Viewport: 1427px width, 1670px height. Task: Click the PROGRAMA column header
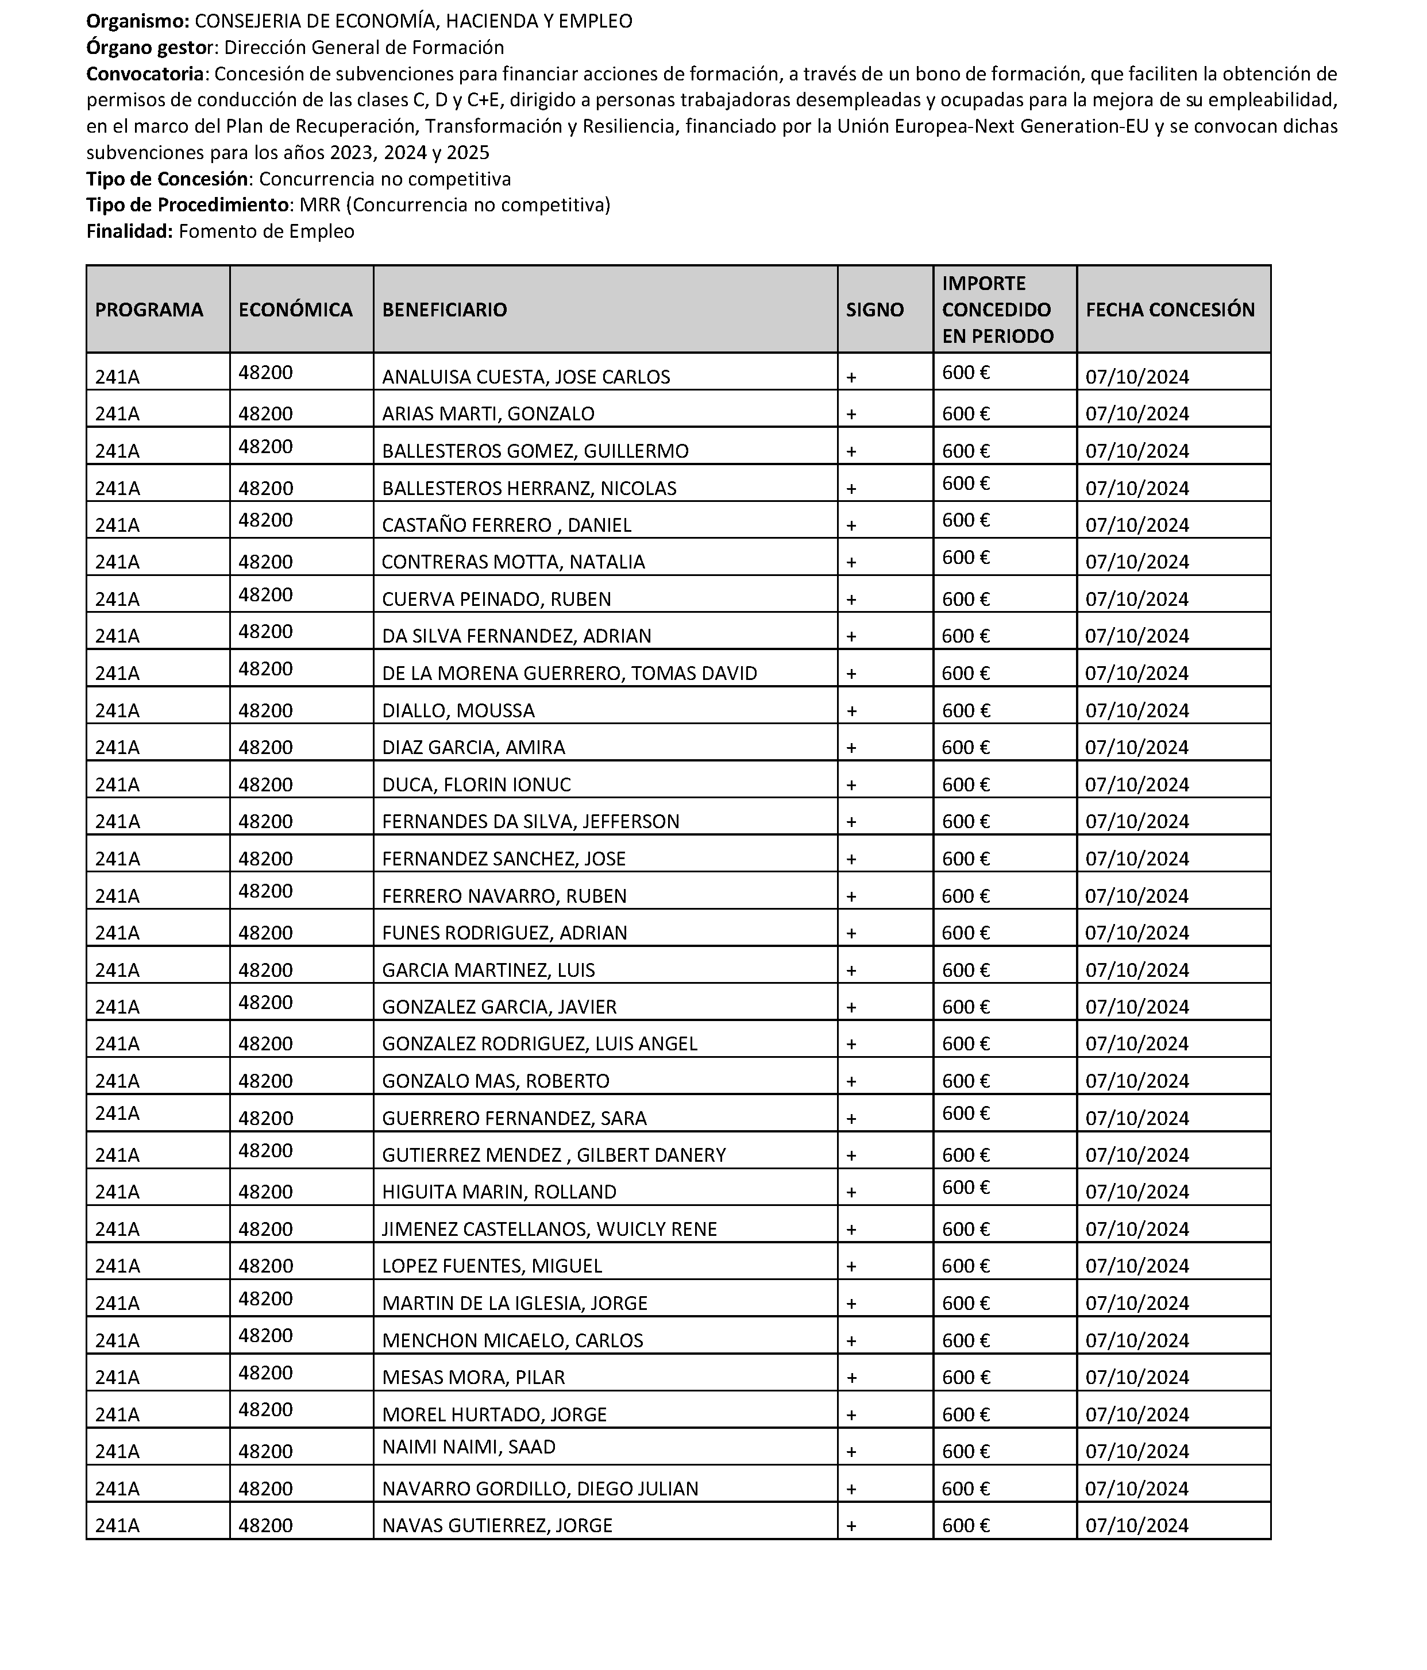click(149, 310)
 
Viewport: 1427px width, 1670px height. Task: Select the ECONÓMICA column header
click(295, 310)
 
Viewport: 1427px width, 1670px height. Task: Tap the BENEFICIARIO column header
click(444, 310)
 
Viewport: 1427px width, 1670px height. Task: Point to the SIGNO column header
click(875, 310)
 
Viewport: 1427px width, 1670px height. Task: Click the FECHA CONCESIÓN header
click(1170, 310)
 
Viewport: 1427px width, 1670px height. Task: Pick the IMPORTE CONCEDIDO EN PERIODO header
click(997, 310)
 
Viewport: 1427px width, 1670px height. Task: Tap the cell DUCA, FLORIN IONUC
click(476, 785)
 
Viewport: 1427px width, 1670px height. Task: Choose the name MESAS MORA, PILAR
click(473, 1378)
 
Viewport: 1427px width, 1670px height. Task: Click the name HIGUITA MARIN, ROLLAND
click(499, 1192)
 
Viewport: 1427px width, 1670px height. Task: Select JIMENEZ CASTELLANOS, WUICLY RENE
click(549, 1229)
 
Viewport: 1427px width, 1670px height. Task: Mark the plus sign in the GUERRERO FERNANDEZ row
click(851, 1119)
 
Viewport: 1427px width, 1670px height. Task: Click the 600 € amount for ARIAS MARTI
click(966, 414)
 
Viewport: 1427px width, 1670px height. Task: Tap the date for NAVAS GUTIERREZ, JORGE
click(1137, 1526)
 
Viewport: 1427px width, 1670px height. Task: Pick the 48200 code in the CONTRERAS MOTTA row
click(265, 558)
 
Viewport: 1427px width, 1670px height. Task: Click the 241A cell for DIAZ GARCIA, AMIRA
click(117, 748)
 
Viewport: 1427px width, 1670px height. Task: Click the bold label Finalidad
click(129, 232)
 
